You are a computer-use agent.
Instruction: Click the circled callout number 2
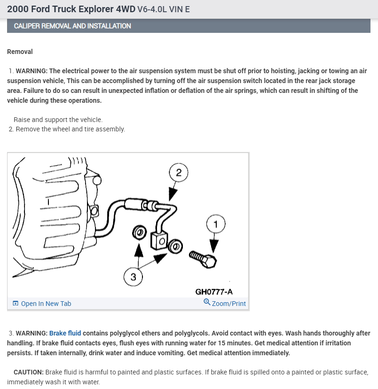pos(178,172)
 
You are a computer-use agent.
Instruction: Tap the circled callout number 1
pos(216,224)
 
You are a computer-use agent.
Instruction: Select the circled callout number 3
pos(134,277)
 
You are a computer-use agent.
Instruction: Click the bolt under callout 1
pos(203,258)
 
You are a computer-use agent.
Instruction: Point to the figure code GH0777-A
pos(214,292)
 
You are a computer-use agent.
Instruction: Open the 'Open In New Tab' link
pos(46,304)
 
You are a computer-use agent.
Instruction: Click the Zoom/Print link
pos(228,304)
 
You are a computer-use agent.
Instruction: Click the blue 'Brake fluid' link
pos(65,333)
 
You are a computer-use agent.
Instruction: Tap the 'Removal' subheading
pos(20,52)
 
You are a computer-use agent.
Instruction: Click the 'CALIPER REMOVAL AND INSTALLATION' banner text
pos(72,26)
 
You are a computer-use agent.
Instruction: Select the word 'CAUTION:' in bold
pos(29,372)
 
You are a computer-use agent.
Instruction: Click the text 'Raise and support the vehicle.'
pos(58,120)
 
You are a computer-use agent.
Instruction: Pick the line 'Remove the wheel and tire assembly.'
pos(71,129)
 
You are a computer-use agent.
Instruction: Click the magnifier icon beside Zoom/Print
pos(207,302)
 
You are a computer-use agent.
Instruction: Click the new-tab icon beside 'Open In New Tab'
pos(16,304)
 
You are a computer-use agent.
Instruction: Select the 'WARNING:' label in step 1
pos(31,71)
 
